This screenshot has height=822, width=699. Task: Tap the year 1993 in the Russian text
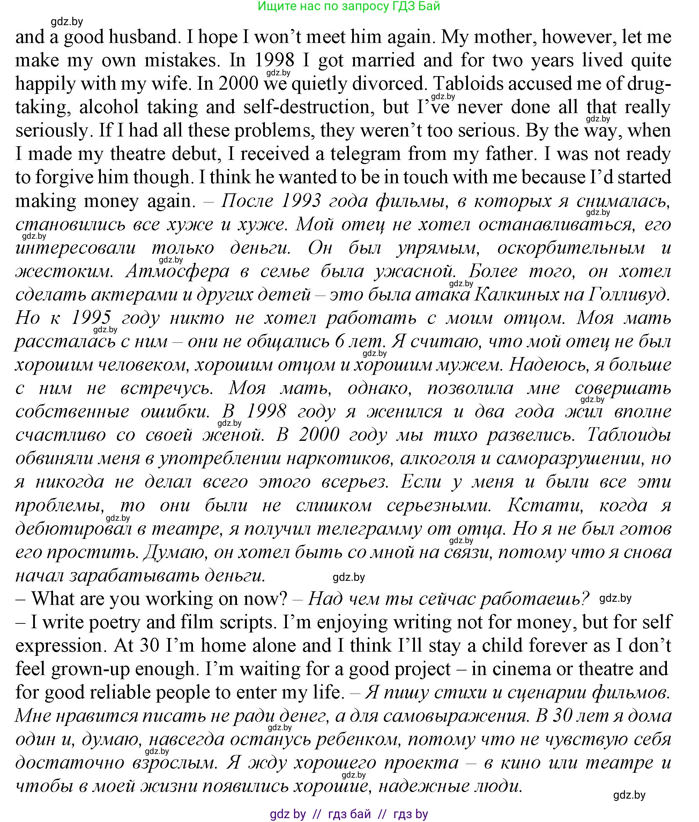[x=301, y=201]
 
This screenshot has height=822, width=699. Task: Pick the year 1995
[x=91, y=318]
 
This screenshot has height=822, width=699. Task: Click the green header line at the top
[x=349, y=6]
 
